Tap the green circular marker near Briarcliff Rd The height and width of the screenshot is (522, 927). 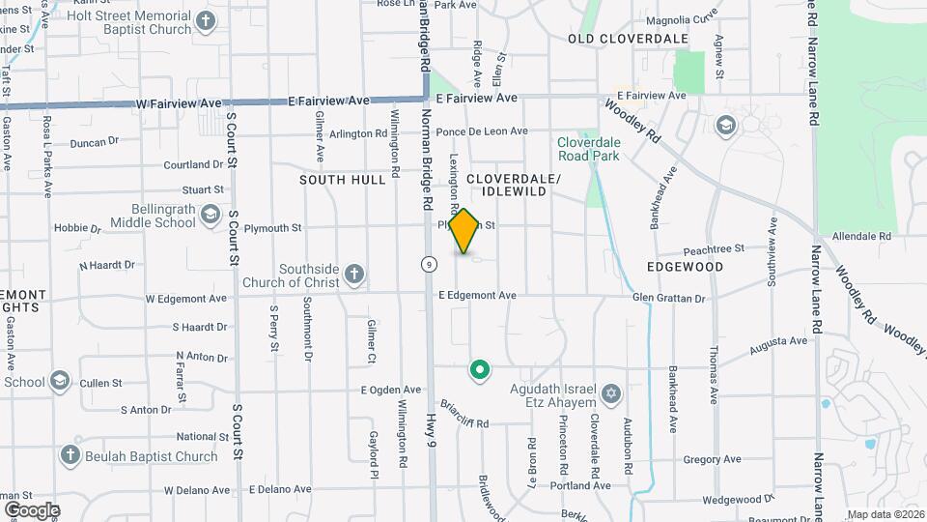coord(478,369)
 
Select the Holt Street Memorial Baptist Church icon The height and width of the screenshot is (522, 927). coord(206,20)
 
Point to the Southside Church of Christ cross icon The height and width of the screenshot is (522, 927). coord(354,275)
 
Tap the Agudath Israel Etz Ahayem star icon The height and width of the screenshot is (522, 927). coord(609,393)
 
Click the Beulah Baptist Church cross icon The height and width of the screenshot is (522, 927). coord(70,455)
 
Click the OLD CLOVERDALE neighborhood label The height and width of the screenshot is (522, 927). coord(628,39)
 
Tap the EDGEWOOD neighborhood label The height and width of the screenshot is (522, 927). coord(686,266)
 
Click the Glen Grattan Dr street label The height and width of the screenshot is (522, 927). coord(669,298)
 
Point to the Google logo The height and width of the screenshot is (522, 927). coord(32,509)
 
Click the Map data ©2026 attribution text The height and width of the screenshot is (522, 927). coord(885,514)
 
